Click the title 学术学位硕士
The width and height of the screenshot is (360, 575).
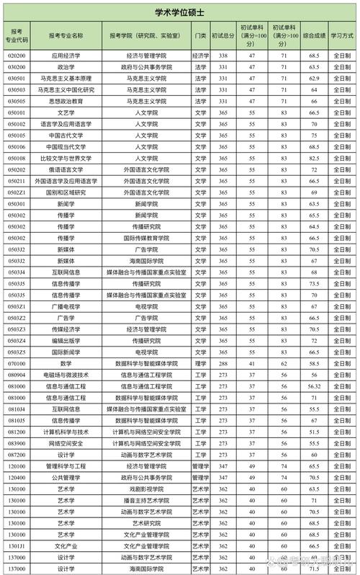(x=179, y=12)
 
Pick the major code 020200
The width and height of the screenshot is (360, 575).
(x=17, y=55)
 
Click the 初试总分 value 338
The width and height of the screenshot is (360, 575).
(x=223, y=55)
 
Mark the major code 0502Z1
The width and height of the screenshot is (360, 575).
(x=17, y=192)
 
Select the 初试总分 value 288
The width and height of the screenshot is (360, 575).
(x=223, y=364)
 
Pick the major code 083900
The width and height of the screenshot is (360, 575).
(x=17, y=443)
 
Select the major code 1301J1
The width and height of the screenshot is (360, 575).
(x=17, y=546)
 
